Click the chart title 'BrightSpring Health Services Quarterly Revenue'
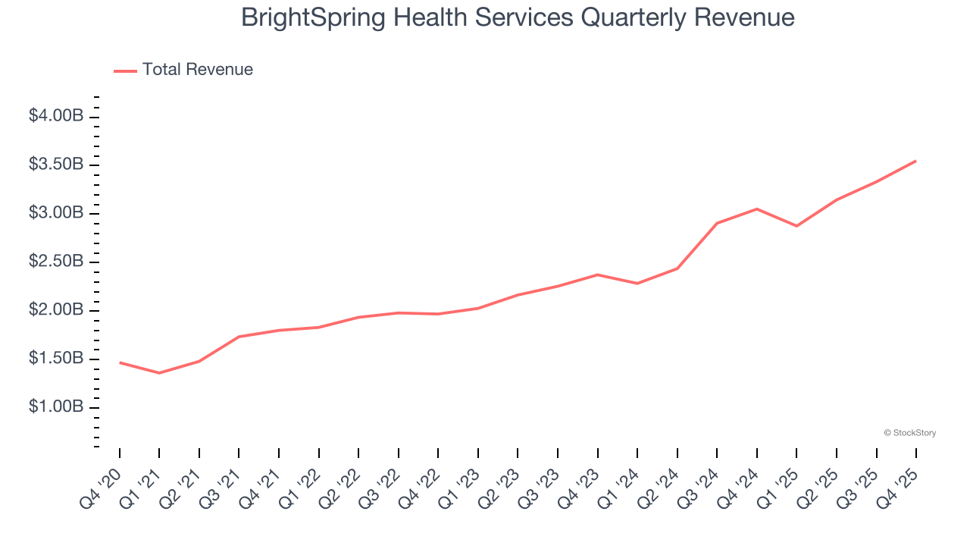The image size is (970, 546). click(518, 17)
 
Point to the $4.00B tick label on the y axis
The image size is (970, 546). click(56, 116)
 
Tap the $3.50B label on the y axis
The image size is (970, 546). click(56, 165)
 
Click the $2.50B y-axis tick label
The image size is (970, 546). click(56, 262)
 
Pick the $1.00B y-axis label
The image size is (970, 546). click(56, 407)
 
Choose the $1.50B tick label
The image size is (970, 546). click(56, 359)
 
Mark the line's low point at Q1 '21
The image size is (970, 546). click(159, 373)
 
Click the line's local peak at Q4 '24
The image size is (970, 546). click(757, 209)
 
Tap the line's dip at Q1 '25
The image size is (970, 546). click(796, 226)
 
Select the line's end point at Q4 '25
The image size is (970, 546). click(915, 161)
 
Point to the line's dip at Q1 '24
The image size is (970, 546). click(637, 284)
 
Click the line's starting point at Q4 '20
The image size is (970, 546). click(120, 362)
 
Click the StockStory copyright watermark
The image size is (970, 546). click(909, 433)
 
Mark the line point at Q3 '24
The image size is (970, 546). click(717, 223)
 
